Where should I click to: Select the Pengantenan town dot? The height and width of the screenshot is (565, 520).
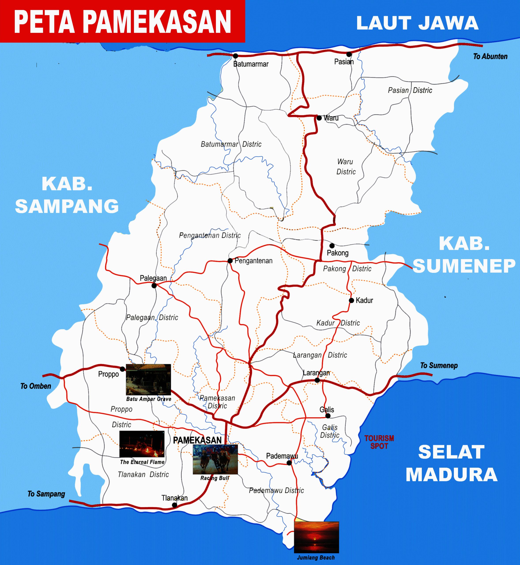click(230, 261)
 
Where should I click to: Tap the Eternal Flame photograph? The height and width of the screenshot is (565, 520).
click(142, 444)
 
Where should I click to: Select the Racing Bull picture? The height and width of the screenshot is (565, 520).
click(215, 459)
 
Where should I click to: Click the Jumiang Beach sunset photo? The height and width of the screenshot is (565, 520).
click(316, 537)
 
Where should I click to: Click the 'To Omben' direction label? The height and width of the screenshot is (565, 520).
click(36, 386)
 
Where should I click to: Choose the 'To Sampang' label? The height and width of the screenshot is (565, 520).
click(46, 494)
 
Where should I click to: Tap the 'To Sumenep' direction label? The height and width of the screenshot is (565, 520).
click(439, 365)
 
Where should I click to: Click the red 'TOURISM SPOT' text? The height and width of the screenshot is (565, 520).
click(379, 442)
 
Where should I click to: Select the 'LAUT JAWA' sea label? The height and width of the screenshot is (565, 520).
click(417, 23)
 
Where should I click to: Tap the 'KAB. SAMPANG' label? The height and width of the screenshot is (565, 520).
click(67, 195)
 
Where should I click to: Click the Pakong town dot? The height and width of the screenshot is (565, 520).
click(332, 246)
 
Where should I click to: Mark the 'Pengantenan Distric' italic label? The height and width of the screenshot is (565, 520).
click(210, 235)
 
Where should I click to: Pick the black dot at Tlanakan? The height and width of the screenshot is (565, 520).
click(174, 505)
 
